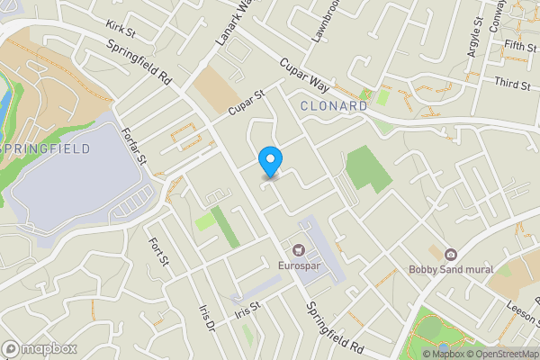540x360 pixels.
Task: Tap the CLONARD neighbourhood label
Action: tap(333, 106)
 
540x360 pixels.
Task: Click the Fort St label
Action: tap(160, 252)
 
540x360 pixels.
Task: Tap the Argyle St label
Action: tap(474, 36)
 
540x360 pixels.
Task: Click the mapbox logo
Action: tap(39, 348)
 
